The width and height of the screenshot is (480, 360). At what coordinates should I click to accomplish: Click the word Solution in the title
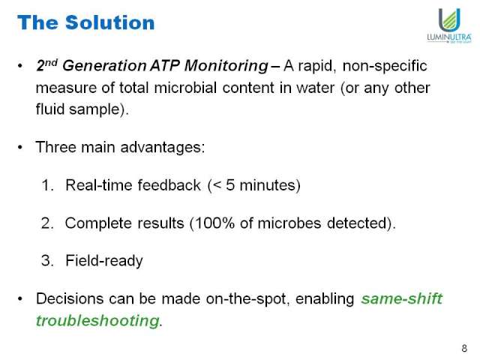(x=110, y=22)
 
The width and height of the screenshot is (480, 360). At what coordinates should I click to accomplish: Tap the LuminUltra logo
(x=449, y=25)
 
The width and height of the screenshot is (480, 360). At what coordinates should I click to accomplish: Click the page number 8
(x=464, y=348)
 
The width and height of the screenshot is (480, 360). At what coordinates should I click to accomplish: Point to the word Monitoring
(x=226, y=66)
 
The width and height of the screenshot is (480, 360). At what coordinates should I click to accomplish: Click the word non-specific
(x=385, y=66)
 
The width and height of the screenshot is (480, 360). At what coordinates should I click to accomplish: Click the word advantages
(x=163, y=148)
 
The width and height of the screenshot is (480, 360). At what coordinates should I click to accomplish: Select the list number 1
(x=47, y=185)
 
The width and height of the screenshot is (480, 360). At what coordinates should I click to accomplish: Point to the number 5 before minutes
(x=230, y=185)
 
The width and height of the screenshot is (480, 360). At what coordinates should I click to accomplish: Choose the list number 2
(x=47, y=223)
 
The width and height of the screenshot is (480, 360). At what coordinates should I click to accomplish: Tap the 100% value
(x=214, y=223)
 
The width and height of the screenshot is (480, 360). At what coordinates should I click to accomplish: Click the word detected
(x=357, y=223)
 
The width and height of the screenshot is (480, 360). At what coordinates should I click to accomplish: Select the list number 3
(x=47, y=261)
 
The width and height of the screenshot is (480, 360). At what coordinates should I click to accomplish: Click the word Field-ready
(x=104, y=261)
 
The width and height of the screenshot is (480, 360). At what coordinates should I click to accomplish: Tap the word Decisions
(x=70, y=298)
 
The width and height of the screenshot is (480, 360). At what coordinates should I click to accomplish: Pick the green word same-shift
(x=402, y=298)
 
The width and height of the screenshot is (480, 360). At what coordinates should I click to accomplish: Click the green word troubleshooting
(x=98, y=321)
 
